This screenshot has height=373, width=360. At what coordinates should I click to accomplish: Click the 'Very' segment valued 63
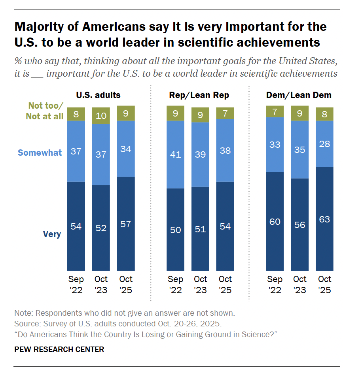pos(324,219)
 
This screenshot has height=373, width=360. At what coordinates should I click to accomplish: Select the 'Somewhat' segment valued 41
pos(175,154)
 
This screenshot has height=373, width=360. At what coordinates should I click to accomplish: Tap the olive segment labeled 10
pos(101,116)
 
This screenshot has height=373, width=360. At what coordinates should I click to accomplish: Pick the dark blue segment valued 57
pos(126,224)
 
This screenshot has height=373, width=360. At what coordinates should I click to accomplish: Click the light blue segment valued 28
pos(324,143)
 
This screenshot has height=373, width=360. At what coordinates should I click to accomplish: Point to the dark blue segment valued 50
pos(175,229)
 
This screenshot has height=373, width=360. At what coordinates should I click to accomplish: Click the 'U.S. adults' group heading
pos(98,95)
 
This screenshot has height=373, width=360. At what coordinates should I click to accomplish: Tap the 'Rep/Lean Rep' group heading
pos(199,95)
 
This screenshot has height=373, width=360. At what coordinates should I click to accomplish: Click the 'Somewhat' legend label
pos(40,153)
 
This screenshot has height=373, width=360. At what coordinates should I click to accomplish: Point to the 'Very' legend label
pos(52,234)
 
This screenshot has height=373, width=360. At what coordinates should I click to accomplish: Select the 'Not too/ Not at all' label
pos(45,111)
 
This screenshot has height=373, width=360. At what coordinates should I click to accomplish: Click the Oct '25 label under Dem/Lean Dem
pos(324,284)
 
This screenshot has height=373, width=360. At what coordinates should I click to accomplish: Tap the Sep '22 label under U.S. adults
pos(76,284)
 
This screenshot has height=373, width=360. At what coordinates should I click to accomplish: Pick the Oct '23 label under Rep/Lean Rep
pos(200,284)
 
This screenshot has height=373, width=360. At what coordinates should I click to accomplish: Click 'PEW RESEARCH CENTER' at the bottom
pos(59,349)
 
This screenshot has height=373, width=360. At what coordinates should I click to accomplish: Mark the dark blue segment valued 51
pos(200,228)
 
